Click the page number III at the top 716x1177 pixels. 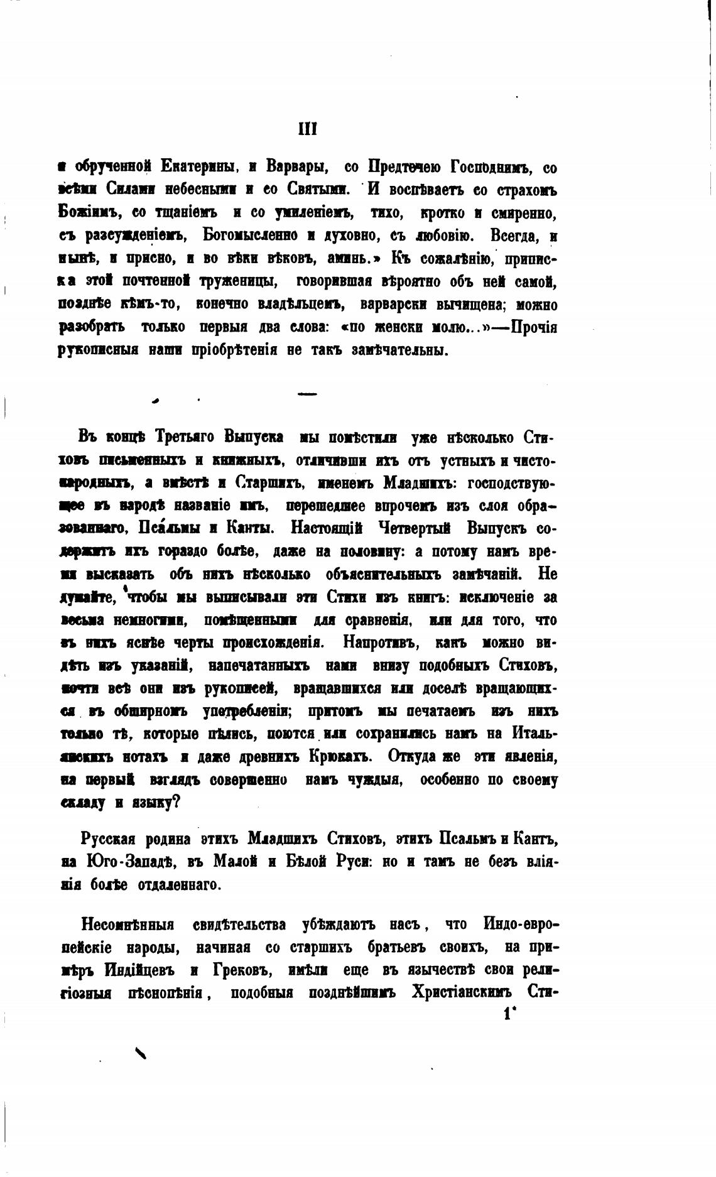307,129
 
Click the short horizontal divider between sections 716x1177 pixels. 307,394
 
